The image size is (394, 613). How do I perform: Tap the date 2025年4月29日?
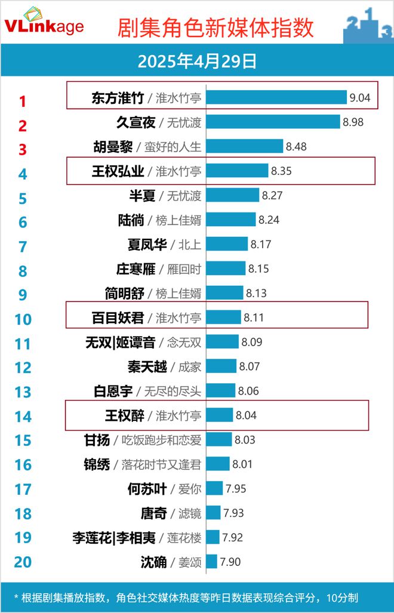[197, 61]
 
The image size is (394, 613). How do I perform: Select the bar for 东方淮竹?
[276, 97]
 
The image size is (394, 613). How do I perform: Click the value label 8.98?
[353, 122]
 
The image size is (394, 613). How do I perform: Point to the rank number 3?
[23, 149]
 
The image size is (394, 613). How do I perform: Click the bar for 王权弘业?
[238, 171]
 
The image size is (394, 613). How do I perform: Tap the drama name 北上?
[189, 244]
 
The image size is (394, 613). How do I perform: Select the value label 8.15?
[258, 269]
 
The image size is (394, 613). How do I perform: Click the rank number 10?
[23, 319]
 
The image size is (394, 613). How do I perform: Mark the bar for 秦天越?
[221, 366]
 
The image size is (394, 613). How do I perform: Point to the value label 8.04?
[246, 415]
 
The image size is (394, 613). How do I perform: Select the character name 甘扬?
[97, 440]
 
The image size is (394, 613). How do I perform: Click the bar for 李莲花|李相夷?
[213, 537]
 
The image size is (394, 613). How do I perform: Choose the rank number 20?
[23, 562]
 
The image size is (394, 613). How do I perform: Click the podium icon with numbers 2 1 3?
[367, 25]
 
